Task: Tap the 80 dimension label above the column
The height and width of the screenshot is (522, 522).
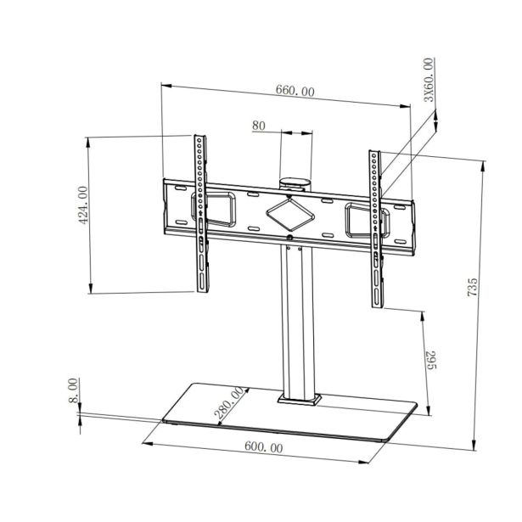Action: [260, 126]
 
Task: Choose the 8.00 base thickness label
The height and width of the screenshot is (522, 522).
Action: [74, 390]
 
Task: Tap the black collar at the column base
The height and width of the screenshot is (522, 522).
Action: [298, 397]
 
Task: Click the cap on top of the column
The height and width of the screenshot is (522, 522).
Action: [294, 181]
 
